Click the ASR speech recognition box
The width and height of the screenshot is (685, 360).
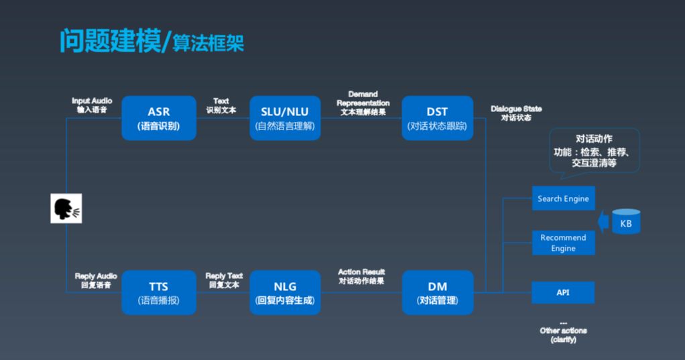159,118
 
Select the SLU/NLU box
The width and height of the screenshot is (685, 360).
285,118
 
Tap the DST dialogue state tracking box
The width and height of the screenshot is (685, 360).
437,118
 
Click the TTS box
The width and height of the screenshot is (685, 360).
159,293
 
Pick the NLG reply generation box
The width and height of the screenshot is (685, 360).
285,293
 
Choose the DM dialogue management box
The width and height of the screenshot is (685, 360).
437,293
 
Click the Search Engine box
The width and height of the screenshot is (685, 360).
563,198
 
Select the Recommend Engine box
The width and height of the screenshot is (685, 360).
563,243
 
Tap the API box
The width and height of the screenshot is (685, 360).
563,293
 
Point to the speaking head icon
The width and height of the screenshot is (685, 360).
67,208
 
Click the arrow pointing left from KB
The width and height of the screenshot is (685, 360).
603,221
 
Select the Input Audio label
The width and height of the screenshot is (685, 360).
92,105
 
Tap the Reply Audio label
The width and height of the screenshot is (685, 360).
95,280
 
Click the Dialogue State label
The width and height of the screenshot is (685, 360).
516,113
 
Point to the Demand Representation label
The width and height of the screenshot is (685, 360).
363,103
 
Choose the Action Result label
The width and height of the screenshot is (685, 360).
361,276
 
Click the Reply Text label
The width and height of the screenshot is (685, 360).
224,280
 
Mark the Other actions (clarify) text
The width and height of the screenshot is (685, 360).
563,333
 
